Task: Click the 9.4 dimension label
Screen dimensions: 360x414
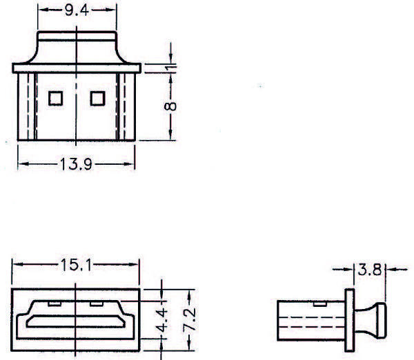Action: [76, 10]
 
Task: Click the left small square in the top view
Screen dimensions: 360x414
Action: [55, 99]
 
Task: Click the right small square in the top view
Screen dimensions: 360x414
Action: [97, 99]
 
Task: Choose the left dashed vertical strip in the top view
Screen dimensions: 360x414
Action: [27, 106]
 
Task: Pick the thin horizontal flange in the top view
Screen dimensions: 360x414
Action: [76, 68]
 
